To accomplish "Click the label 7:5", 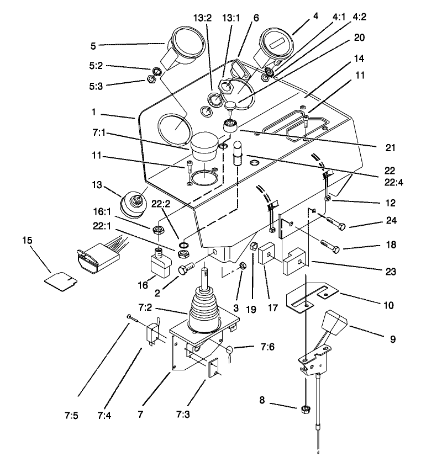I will (x=78, y=411).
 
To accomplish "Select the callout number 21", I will (x=375, y=148).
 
